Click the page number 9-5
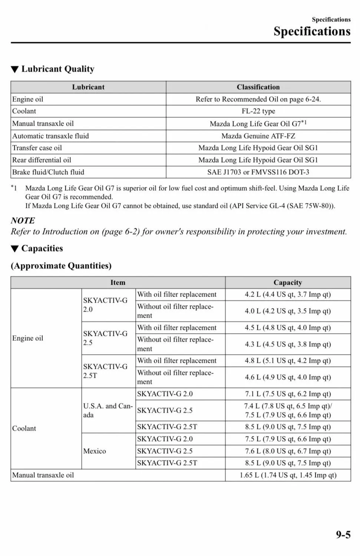point(343,535)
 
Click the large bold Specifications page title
point(312,32)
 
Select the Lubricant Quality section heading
point(57,69)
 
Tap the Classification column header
point(258,87)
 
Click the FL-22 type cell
point(258,111)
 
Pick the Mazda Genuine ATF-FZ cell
point(258,136)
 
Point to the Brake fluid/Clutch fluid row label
point(48,172)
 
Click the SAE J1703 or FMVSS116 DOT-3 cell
point(258,172)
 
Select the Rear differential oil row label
point(42,160)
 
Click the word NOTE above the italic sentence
point(23,221)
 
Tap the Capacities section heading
point(42,248)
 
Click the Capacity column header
point(288,282)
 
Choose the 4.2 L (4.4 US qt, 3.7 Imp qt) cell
point(288,295)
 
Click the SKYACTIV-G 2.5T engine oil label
point(105,371)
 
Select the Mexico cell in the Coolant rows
point(95,451)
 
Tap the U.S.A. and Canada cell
point(108,410)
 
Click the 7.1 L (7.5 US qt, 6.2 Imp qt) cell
point(288,394)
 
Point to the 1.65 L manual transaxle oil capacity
point(288,475)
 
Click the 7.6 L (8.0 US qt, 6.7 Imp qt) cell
point(288,451)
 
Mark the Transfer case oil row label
point(37,148)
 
